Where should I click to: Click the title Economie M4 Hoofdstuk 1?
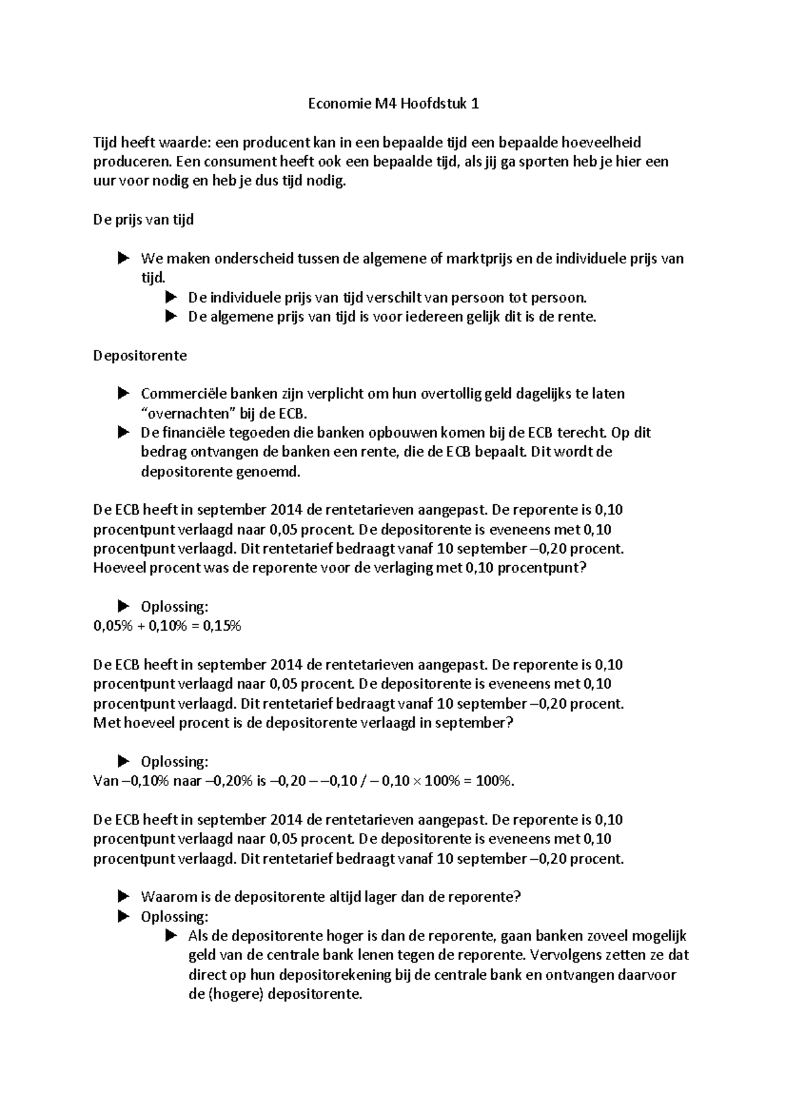393,103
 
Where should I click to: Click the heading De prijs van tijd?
143,219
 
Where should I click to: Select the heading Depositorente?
140,356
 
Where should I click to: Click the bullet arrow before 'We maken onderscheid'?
123,259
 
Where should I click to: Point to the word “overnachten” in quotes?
184,414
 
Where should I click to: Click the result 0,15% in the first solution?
222,626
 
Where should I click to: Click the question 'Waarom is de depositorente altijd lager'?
331,897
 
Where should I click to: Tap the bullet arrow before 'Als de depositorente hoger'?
171,936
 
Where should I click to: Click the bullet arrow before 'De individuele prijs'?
171,297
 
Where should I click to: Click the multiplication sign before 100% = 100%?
417,781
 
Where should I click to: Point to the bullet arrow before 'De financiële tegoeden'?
123,433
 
